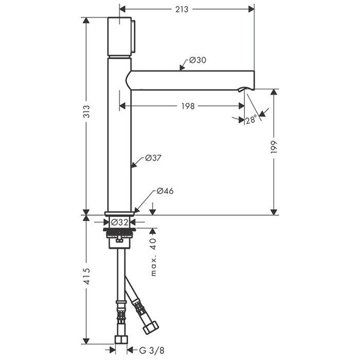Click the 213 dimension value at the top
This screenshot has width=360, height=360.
tap(182, 9)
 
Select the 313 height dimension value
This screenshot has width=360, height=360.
tap(86, 112)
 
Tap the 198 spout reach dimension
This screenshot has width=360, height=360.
tap(188, 106)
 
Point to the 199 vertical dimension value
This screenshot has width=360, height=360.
tap(274, 147)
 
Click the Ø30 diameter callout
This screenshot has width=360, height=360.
tap(197, 60)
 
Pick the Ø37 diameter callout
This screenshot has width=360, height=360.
tap(153, 158)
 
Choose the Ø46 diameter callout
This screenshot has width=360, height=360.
tap(165, 191)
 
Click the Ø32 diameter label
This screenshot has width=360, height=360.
tap(119, 222)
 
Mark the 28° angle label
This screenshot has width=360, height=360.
tap(251, 120)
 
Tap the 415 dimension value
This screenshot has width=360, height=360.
tap(87, 277)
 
